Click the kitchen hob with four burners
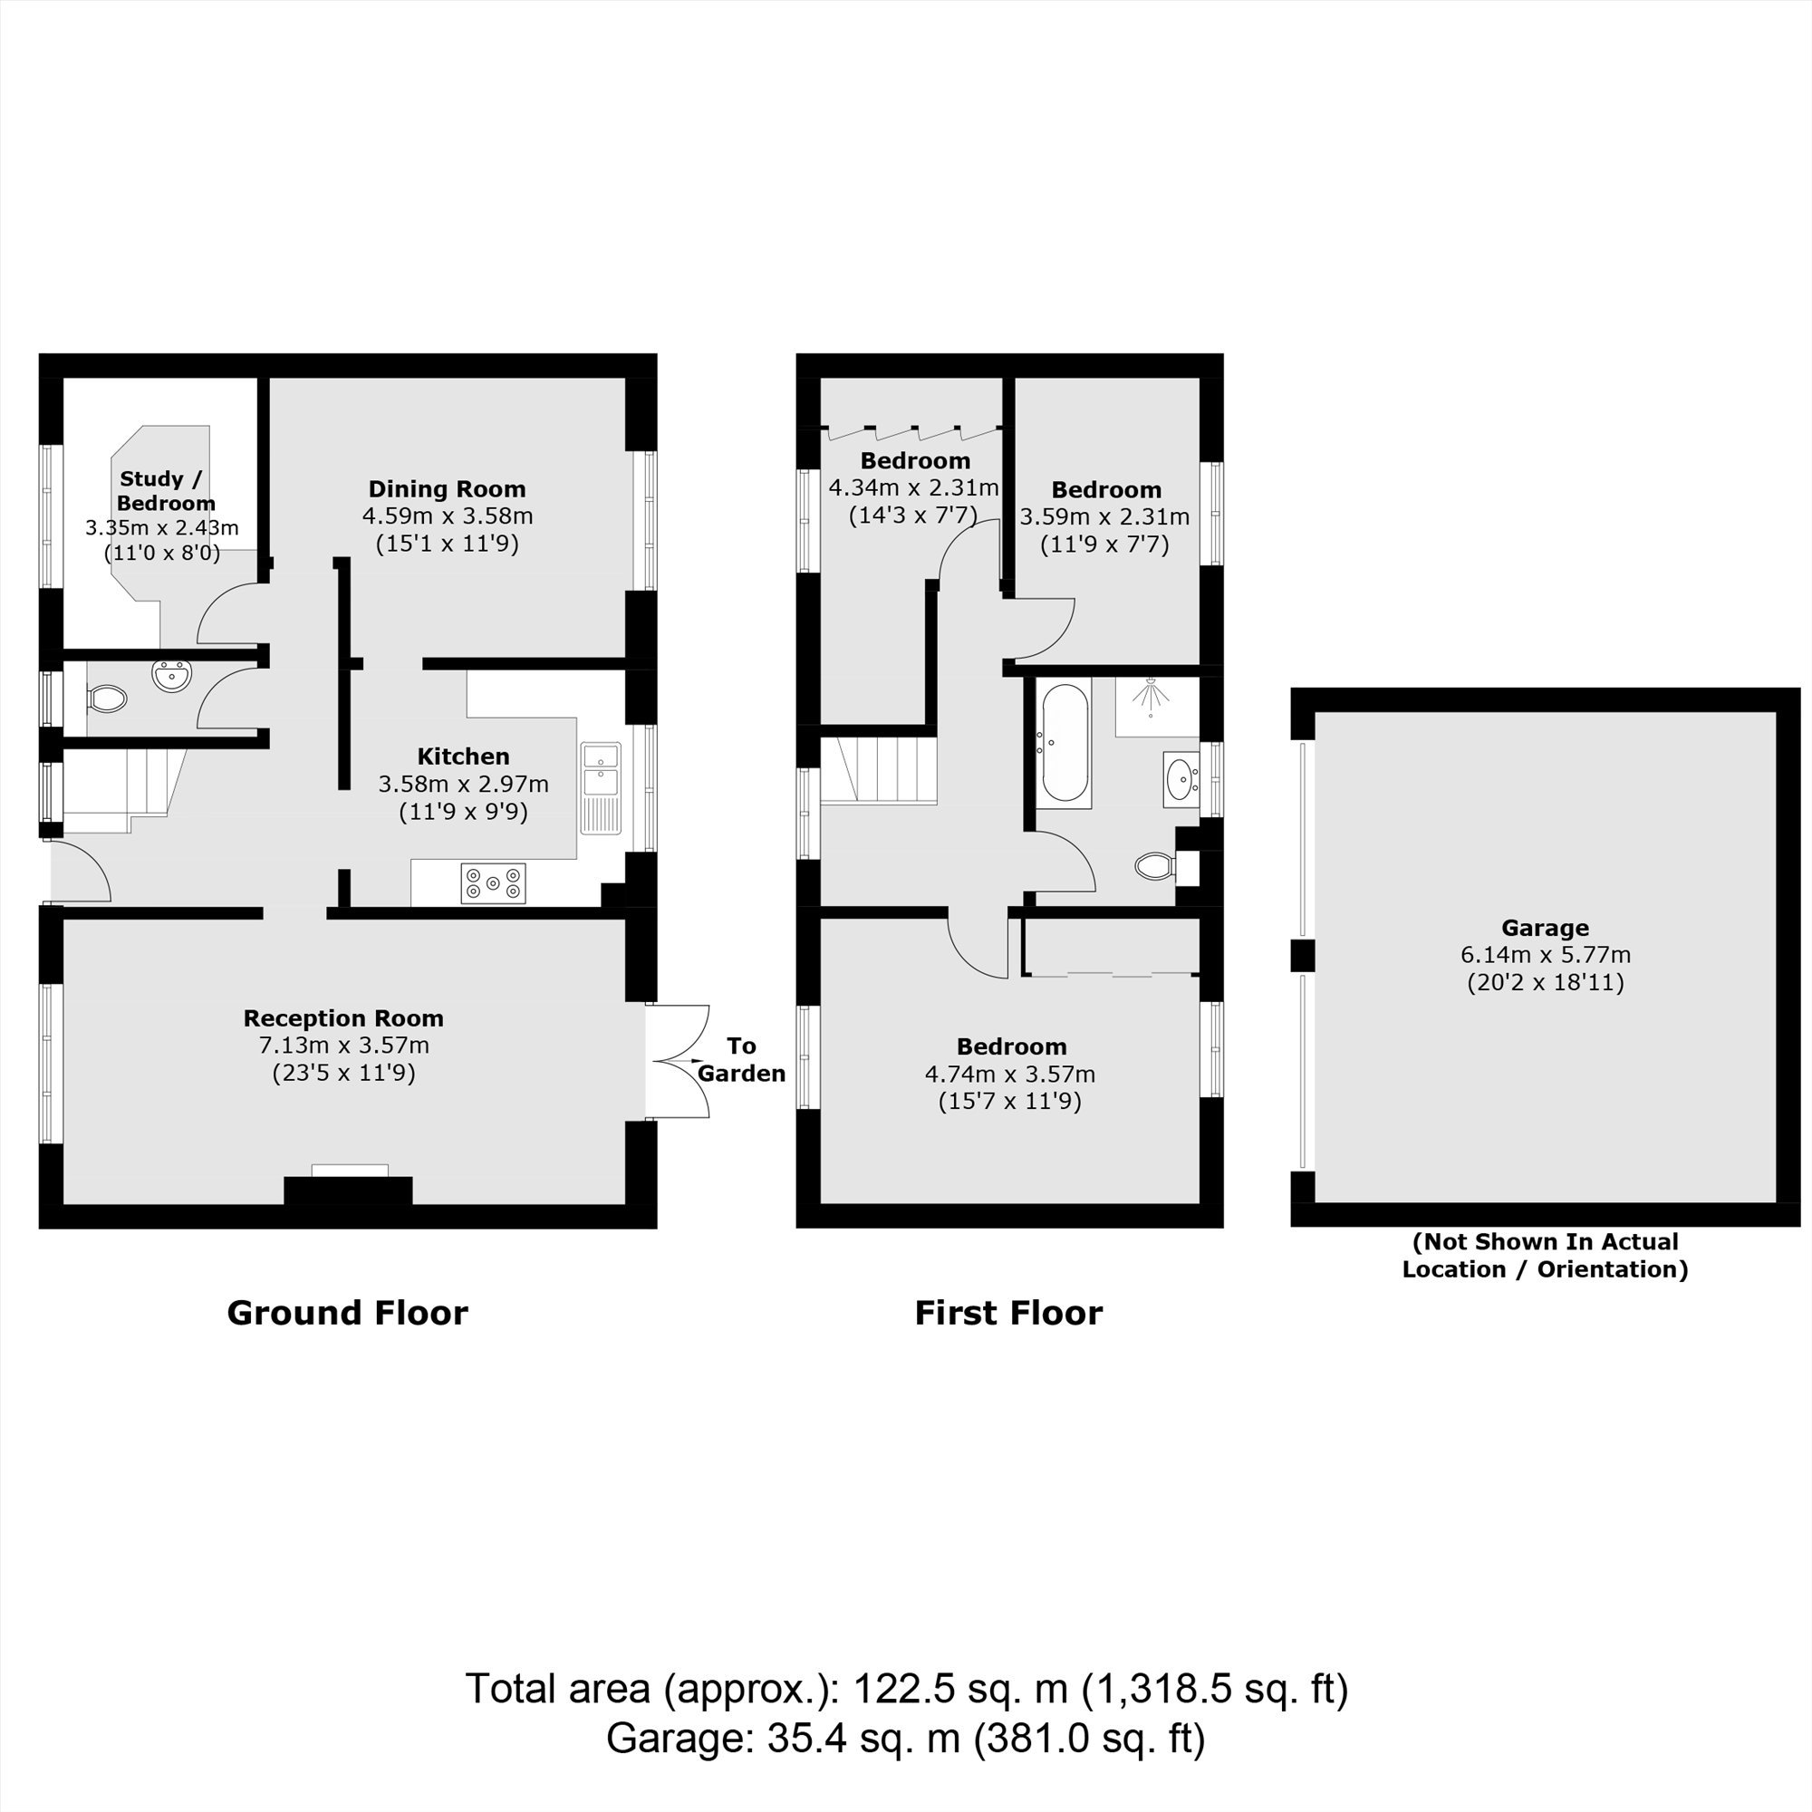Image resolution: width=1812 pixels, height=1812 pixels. click(494, 883)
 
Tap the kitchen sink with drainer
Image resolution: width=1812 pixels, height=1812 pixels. click(601, 788)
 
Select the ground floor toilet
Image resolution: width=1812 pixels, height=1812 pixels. click(107, 699)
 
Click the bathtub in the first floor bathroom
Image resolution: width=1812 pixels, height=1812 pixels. click(1065, 742)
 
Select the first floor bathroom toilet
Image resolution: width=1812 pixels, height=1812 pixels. click(1155, 865)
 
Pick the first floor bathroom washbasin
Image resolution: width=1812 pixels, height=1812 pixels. click(1180, 777)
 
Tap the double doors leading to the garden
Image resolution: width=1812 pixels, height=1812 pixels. click(679, 1061)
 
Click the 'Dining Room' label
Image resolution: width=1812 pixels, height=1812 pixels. click(447, 488)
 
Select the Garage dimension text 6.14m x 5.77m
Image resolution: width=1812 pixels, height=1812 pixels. click(1545, 955)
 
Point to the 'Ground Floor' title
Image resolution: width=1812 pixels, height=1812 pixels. click(348, 1312)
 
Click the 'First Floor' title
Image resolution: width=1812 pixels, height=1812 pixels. click(1008, 1312)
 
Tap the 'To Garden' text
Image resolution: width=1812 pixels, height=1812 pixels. click(741, 1060)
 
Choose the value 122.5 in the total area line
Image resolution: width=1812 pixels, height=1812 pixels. click(904, 1689)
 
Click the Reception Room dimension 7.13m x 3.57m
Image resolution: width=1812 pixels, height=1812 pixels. click(343, 1045)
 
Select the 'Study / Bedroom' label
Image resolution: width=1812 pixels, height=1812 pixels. click(163, 490)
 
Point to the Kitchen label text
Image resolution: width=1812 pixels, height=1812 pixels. click(463, 756)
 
